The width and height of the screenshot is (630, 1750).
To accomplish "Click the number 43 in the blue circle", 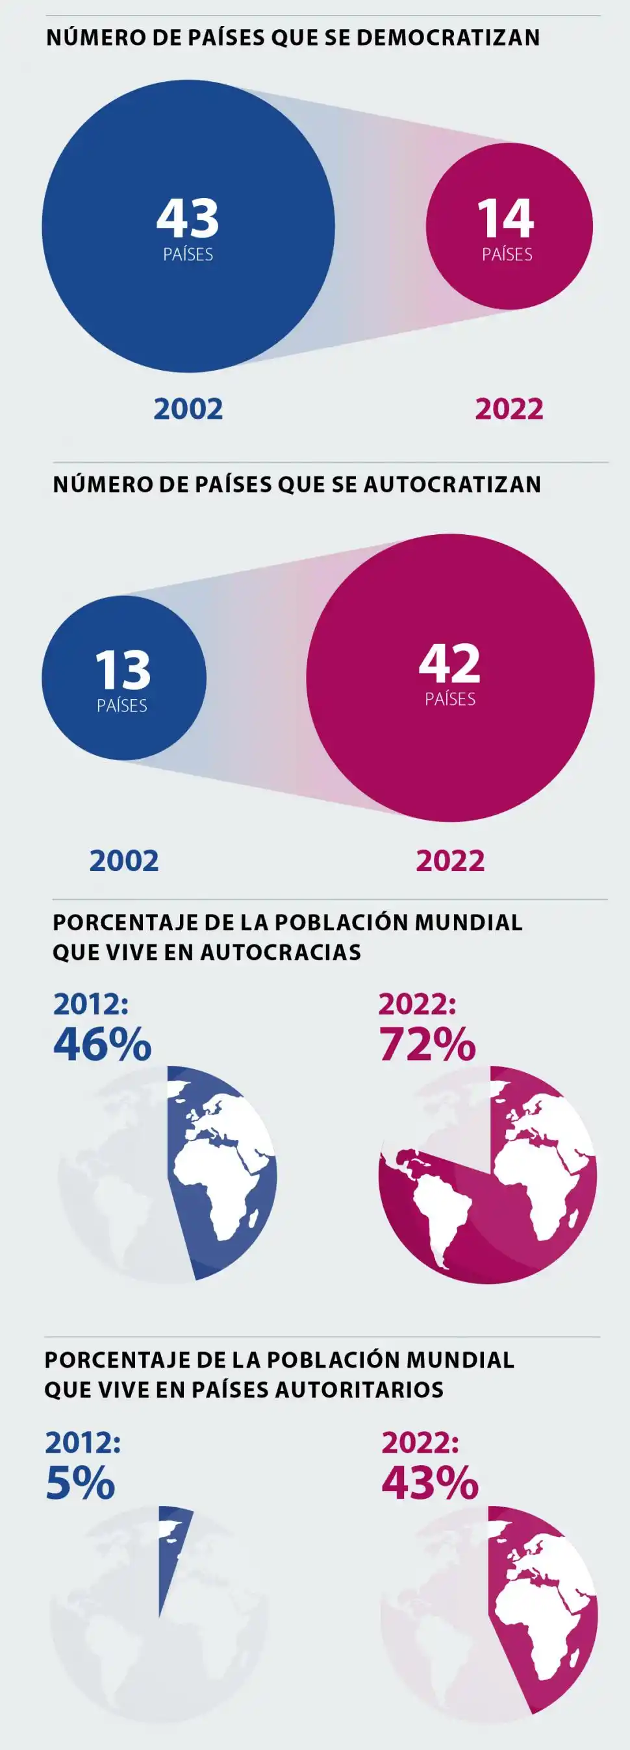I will pyautogui.click(x=188, y=218).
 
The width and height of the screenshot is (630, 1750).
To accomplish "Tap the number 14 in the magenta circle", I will pyautogui.click(x=507, y=218).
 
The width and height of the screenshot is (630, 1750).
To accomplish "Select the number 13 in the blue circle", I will pyautogui.click(x=122, y=670).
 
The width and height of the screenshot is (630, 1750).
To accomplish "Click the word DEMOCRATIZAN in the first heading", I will pyautogui.click(x=448, y=38).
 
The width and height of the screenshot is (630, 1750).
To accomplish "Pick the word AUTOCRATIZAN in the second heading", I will pyautogui.click(x=453, y=484).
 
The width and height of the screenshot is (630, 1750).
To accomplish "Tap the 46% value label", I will pyautogui.click(x=103, y=1044).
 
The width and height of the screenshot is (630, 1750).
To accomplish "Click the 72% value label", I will pyautogui.click(x=427, y=1044).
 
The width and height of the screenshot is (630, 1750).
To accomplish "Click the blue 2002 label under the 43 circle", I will pyautogui.click(x=188, y=409).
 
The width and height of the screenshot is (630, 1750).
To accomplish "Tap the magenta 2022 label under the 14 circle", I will pyautogui.click(x=509, y=409).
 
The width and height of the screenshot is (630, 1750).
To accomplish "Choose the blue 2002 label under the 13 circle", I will pyautogui.click(x=124, y=861).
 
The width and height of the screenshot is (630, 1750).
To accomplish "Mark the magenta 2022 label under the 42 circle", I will pyautogui.click(x=450, y=861).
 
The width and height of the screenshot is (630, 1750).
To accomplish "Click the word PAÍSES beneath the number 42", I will pyautogui.click(x=450, y=699).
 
